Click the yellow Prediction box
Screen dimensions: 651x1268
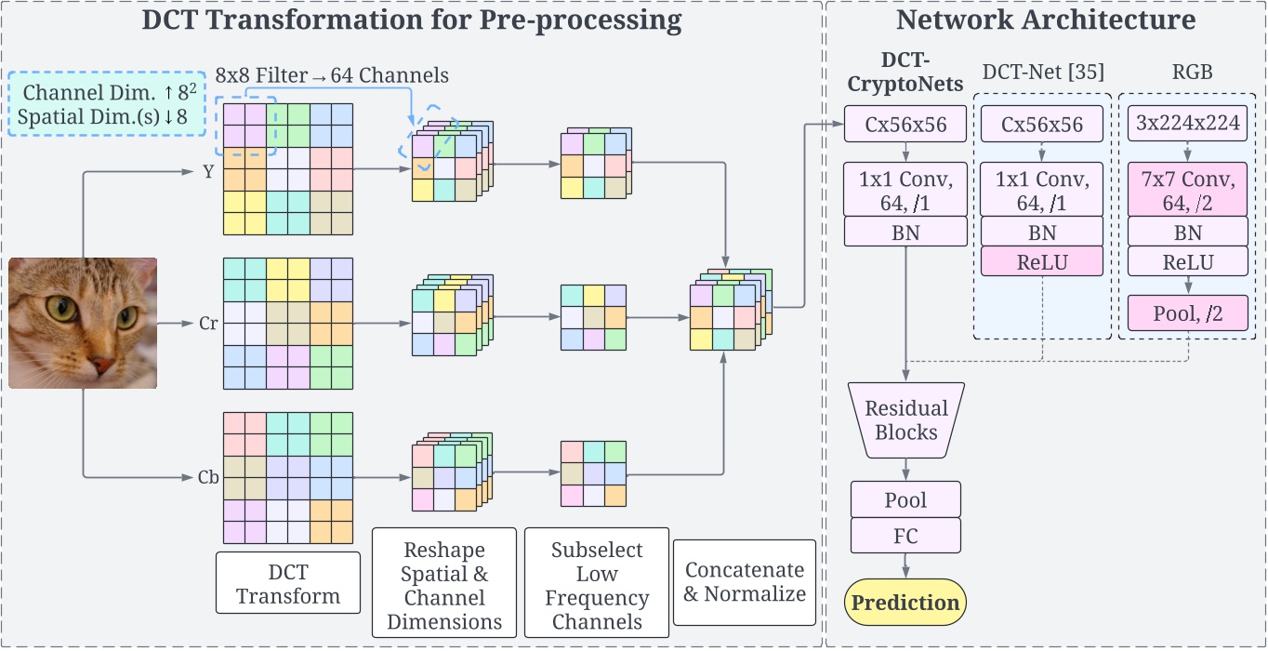(x=905, y=603)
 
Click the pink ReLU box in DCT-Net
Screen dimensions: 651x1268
(x=1041, y=262)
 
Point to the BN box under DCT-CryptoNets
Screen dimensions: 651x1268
(x=905, y=232)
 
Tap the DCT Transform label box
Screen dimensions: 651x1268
(x=287, y=582)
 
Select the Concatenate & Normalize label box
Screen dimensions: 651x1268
(x=744, y=581)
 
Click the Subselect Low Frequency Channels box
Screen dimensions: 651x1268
(x=596, y=581)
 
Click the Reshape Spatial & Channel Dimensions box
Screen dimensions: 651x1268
(x=443, y=581)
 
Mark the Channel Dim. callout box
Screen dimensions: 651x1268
(x=106, y=103)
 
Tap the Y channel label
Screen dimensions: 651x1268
(x=208, y=171)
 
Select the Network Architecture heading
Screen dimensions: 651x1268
(x=1045, y=20)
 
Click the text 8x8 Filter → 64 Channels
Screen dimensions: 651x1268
(x=332, y=75)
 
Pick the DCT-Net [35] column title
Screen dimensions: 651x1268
(x=1041, y=73)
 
